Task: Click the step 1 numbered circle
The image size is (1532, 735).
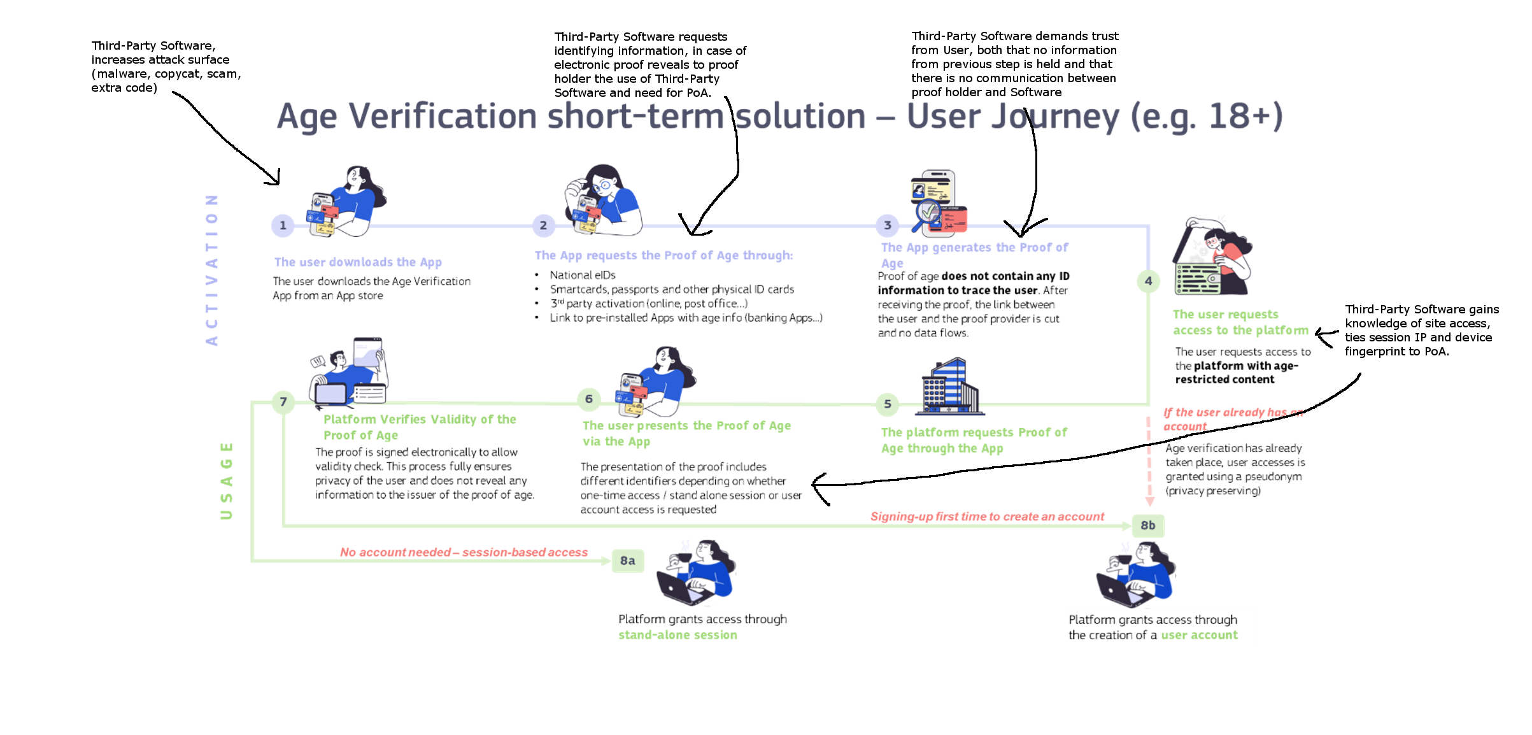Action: pyautogui.click(x=283, y=225)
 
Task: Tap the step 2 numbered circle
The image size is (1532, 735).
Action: pyautogui.click(x=543, y=225)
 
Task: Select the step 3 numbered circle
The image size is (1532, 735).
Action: pyautogui.click(x=888, y=225)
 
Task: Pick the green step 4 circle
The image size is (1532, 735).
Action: pyautogui.click(x=1148, y=281)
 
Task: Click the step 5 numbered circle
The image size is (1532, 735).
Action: pyautogui.click(x=888, y=404)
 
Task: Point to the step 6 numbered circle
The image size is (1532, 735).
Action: pyautogui.click(x=589, y=399)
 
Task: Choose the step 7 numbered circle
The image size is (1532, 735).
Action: pyautogui.click(x=283, y=402)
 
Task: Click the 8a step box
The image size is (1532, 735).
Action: pyautogui.click(x=628, y=561)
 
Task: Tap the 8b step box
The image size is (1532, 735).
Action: pyautogui.click(x=1148, y=525)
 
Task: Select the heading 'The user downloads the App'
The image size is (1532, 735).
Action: pyautogui.click(x=358, y=262)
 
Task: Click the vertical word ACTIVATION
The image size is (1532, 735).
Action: pyautogui.click(x=212, y=269)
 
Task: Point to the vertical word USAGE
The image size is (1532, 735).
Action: pyautogui.click(x=227, y=480)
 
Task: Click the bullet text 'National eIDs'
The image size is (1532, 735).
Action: pyautogui.click(x=583, y=275)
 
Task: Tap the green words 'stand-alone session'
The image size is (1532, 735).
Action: pyautogui.click(x=677, y=635)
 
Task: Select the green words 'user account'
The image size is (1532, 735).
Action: pyautogui.click(x=1199, y=635)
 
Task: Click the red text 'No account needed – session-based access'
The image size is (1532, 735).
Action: pyautogui.click(x=464, y=552)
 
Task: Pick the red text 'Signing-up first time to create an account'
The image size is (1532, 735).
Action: pyautogui.click(x=987, y=517)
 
